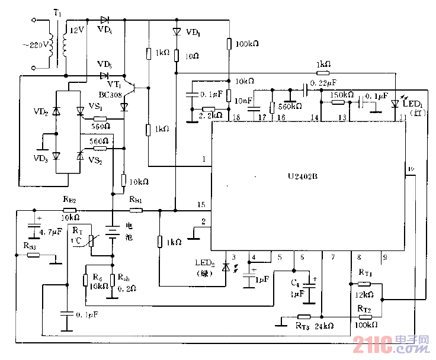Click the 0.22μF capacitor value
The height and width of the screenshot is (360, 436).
pyautogui.click(x=324, y=82)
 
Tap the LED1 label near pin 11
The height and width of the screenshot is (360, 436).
pyautogui.click(x=414, y=104)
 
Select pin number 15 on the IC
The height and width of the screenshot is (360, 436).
pyautogui.click(x=201, y=204)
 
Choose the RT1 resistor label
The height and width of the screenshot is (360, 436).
pyautogui.click(x=365, y=273)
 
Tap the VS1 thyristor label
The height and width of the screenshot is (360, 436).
pyautogui.click(x=95, y=107)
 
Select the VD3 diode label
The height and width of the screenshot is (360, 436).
pyautogui.click(x=41, y=158)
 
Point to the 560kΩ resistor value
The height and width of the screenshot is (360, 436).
pyautogui.click(x=290, y=106)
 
